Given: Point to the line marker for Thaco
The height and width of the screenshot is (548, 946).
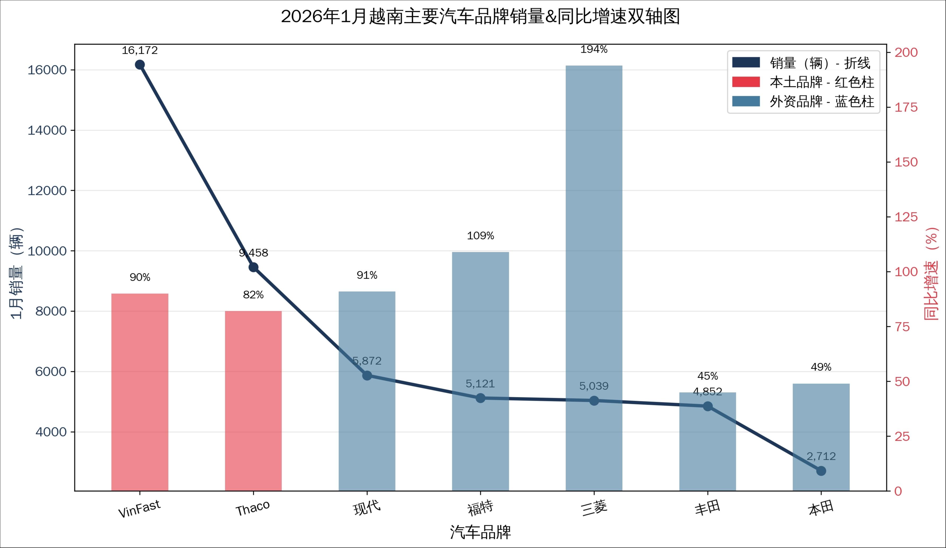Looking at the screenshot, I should [x=254, y=267].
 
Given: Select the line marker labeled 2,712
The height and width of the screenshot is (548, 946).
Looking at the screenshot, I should [x=821, y=471].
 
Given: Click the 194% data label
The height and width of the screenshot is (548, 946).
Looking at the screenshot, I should [x=594, y=49].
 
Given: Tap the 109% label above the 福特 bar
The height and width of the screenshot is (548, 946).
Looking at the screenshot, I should [x=481, y=236].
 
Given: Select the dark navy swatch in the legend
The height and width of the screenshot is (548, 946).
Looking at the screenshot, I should [x=746, y=62].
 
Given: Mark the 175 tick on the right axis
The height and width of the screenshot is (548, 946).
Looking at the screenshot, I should [x=906, y=107].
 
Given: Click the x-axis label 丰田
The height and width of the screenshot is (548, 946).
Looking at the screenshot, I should [x=708, y=508].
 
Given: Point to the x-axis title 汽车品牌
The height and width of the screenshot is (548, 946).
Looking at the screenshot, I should [x=481, y=532].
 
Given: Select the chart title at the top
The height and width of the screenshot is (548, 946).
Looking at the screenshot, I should [x=481, y=16].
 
